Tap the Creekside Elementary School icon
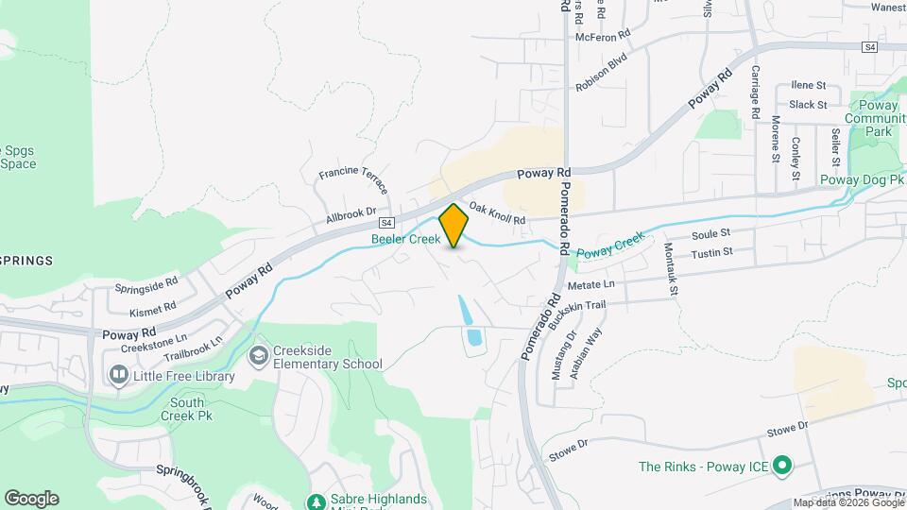tap(258, 355)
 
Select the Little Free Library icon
tap(119, 376)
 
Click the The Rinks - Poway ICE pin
tap(781, 466)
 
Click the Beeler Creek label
tap(405, 240)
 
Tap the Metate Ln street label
tap(590, 284)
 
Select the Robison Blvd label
tap(602, 72)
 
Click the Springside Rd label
tap(146, 283)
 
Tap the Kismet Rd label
tap(154, 308)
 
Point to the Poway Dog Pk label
tap(863, 178)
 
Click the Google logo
tap(31, 499)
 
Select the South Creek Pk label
tap(188, 409)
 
